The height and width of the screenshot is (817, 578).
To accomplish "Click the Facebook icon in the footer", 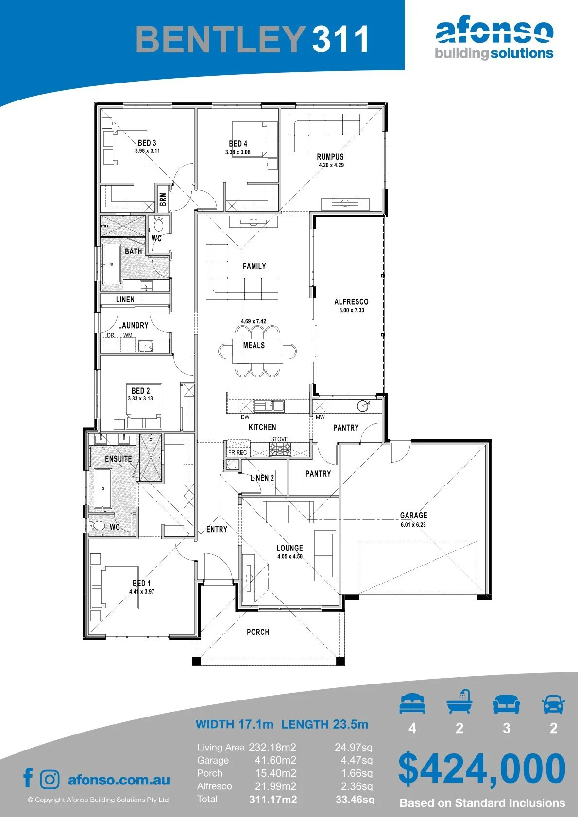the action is (x=28, y=778).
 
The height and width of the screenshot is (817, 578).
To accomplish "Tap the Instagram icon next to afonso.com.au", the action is (x=49, y=780).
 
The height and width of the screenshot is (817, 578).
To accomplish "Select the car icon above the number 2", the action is (x=554, y=704).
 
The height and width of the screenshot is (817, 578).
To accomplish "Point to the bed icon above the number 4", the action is (x=412, y=703).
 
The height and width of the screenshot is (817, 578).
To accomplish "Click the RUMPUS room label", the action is (x=330, y=157).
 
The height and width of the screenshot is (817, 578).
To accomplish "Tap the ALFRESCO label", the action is (x=351, y=301).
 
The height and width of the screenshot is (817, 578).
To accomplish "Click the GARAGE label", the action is (x=413, y=516).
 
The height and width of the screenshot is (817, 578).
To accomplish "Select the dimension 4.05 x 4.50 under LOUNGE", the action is (x=290, y=557).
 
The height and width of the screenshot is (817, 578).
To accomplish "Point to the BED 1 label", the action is (x=141, y=583).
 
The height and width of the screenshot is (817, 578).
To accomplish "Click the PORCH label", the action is (x=258, y=632).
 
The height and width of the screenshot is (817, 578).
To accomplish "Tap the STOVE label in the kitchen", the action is (x=279, y=439).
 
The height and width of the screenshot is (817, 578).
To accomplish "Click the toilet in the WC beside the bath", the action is (x=158, y=224).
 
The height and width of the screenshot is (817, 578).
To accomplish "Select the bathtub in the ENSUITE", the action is (x=102, y=488).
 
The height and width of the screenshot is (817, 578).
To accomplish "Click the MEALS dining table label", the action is (x=254, y=345).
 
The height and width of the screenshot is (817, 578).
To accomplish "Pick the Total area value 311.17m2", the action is (x=273, y=800).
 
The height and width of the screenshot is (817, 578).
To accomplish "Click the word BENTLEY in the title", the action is (x=221, y=39).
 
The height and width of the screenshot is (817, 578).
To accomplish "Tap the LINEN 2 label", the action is (x=262, y=478).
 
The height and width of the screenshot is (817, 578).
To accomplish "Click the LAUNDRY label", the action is (x=133, y=325).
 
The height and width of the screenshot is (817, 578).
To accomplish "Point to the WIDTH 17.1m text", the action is (x=234, y=724).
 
